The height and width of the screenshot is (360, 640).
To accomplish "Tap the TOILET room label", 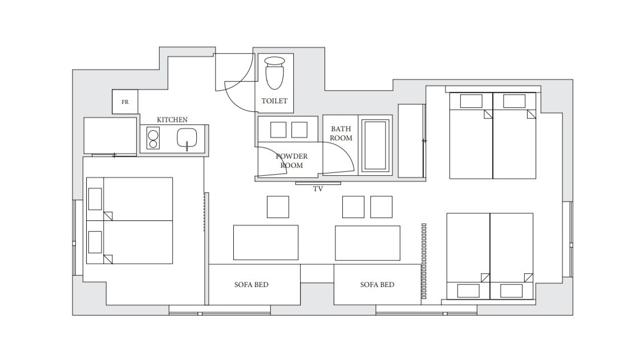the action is pos(274,101).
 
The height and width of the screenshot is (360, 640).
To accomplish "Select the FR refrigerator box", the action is pos(125,102).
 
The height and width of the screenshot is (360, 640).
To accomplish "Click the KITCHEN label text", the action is pos(172,120).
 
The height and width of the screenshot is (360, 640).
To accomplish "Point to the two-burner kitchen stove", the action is pos(153,139).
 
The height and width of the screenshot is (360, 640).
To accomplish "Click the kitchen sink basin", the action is pos(187,138).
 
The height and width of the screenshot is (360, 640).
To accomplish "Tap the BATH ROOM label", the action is pos(341,134).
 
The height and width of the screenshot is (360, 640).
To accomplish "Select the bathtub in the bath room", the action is pos(375,145).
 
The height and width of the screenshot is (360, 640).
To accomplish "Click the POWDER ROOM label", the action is pos(291,161).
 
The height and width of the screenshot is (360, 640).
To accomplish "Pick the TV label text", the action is pos(318,189).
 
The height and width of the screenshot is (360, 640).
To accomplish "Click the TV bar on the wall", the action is pos(318,183).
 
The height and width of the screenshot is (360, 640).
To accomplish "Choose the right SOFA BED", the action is pos(377,285).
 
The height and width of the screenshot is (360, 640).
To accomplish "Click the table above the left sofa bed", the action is pos(266,242).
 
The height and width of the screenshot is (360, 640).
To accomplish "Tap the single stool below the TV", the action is pos(278,207).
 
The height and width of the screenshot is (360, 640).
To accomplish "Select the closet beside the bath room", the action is pos(411,141).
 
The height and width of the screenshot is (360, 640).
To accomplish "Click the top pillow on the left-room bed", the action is pos(95,199).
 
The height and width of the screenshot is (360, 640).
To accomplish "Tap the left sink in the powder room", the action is pos(278,130).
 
